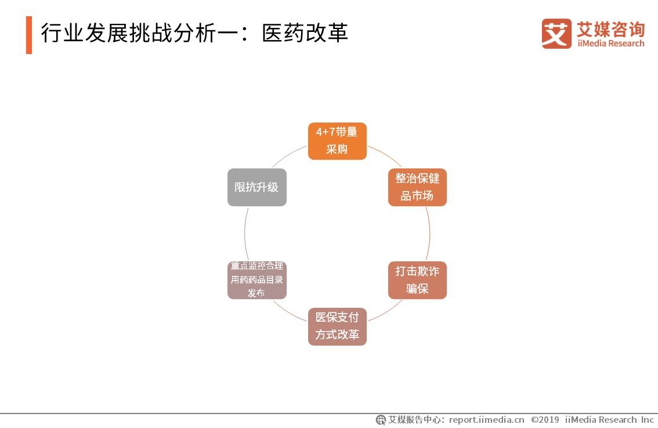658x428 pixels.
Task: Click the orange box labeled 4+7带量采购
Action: point(337,141)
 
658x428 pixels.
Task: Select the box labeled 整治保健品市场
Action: point(417,187)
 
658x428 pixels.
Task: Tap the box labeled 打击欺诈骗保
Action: point(417,280)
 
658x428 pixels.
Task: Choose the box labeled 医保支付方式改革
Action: point(337,326)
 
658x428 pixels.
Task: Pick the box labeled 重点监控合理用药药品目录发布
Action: point(256,280)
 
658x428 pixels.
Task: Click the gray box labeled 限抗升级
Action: point(256,187)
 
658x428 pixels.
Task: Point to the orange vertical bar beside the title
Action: point(29,35)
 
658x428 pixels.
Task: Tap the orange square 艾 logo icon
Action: point(556,34)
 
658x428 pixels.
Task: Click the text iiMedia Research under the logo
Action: point(610,44)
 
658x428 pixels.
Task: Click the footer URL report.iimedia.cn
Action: point(486,419)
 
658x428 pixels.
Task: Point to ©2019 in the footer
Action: point(545,419)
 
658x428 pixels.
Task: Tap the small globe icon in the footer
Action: point(381,419)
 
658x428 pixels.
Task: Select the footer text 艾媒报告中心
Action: point(415,419)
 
